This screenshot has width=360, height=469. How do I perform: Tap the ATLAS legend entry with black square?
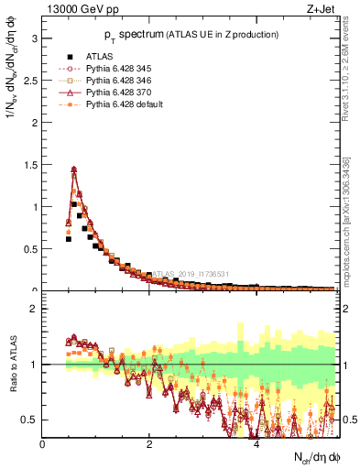(99, 57)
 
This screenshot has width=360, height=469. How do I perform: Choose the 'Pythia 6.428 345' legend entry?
(115, 69)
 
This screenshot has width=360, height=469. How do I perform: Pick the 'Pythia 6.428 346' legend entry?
(115, 81)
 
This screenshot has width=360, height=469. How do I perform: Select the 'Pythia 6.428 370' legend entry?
(115, 93)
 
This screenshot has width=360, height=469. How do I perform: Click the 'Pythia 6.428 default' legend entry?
(121, 104)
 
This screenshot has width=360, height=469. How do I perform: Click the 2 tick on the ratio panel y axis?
(33, 309)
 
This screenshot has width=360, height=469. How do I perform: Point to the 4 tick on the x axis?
(256, 445)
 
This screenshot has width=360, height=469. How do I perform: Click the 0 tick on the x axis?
(43, 445)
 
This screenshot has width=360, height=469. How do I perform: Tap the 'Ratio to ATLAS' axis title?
(12, 365)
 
